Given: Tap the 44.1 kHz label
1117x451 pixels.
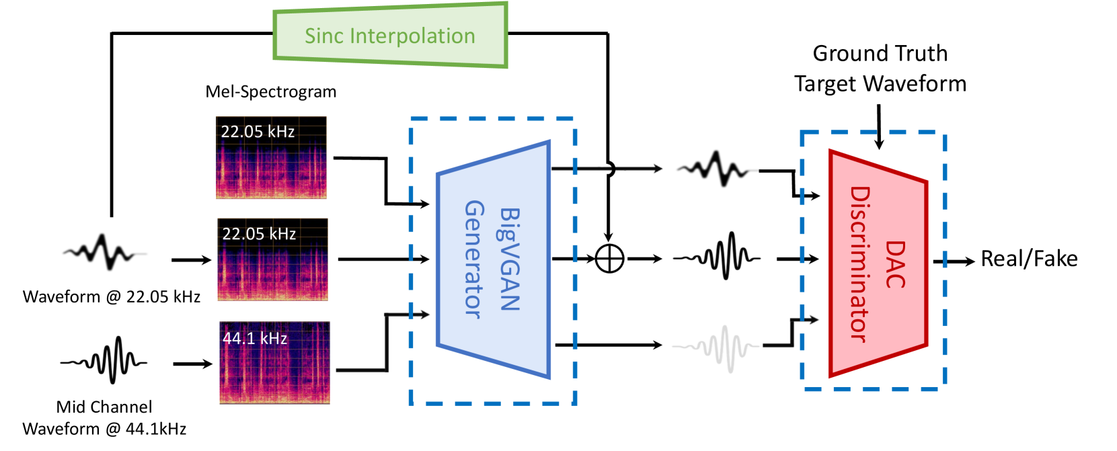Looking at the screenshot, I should tap(255, 338).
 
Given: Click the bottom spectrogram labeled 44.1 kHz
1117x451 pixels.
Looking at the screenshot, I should tap(274, 373).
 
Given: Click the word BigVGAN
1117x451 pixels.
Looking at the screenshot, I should tap(510, 259).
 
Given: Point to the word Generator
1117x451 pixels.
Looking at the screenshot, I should tap(474, 259).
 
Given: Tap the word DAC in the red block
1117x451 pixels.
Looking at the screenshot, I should tap(894, 264).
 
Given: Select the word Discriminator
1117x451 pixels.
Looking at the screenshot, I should tap(859, 264).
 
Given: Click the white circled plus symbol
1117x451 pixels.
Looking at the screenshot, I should tap(609, 259).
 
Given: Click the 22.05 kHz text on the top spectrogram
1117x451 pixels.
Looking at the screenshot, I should tap(258, 132).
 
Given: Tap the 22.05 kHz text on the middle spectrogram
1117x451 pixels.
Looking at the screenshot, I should tap(259, 234).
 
